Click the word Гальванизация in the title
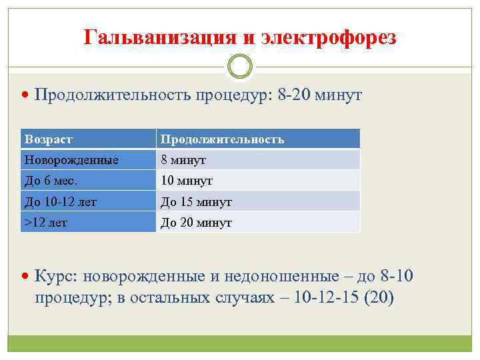161,37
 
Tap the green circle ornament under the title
240,66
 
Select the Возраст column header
49,139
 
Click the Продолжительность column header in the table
221,139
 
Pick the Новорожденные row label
71,160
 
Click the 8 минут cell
183,160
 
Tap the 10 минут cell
186,181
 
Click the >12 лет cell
45,223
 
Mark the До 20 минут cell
195,223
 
